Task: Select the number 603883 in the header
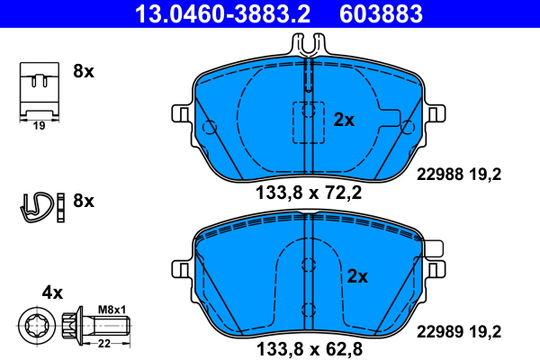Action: pos(379,13)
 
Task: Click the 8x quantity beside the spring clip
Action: pos(83,201)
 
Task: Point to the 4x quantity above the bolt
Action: pos(52,292)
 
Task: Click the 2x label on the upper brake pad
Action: pos(344,119)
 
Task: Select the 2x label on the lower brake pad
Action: pos(358,276)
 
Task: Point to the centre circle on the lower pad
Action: pos(308,265)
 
